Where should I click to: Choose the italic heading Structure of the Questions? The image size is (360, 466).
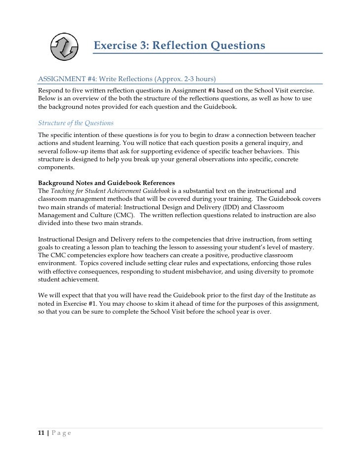pos(76,123)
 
